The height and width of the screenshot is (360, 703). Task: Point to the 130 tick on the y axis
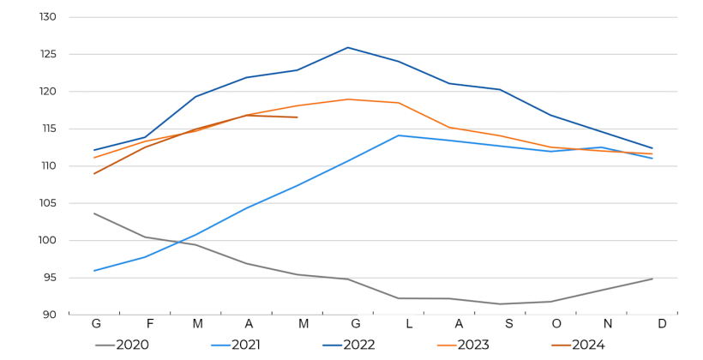tap(47, 17)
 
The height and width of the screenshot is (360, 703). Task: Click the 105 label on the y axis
tap(47, 203)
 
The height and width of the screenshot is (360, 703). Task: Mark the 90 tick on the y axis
tap(49, 315)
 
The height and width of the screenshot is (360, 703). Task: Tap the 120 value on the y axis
tap(47, 92)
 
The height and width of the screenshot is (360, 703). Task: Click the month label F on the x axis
tap(150, 324)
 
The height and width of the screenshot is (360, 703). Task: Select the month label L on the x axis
tap(409, 324)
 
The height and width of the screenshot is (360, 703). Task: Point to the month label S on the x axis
tap(509, 324)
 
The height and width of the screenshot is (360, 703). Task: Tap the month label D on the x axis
tap(662, 324)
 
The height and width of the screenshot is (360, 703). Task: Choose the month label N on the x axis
tap(608, 324)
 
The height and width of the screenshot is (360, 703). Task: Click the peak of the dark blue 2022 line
tap(348, 47)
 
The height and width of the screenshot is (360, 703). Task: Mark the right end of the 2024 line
tap(297, 117)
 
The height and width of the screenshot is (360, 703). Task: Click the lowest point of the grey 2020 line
tap(501, 303)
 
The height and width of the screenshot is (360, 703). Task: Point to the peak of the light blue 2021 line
tap(399, 135)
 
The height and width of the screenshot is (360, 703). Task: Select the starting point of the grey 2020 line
tap(94, 213)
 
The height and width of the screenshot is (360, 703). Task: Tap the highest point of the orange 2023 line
tap(348, 99)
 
